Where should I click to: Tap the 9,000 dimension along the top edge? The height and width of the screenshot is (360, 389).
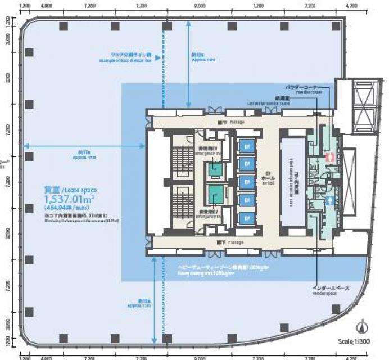pos(198,5)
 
